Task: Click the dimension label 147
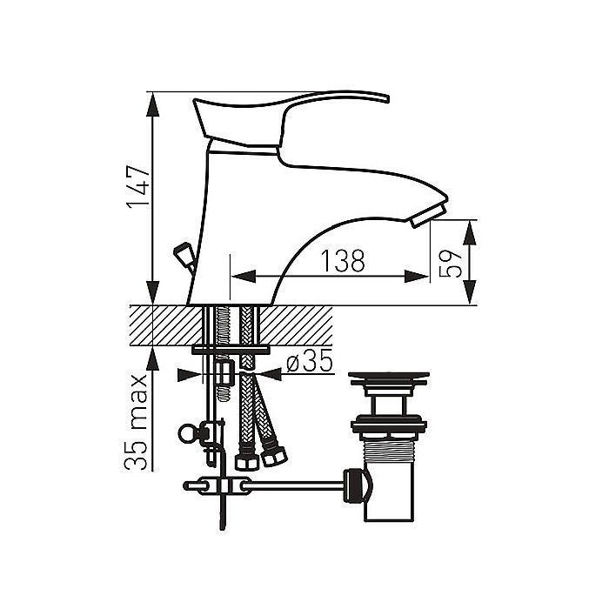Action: tap(138, 188)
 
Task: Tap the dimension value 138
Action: tap(343, 261)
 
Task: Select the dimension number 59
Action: tap(451, 264)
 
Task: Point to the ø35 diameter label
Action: tap(310, 360)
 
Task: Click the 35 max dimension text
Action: tap(136, 422)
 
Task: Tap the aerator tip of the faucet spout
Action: tap(428, 216)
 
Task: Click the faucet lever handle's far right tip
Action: tap(387, 97)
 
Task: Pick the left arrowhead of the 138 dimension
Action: tap(244, 277)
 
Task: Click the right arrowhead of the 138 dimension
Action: tap(417, 277)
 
